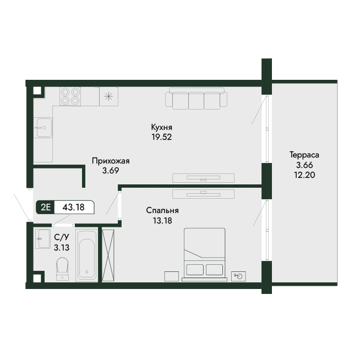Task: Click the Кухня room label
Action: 162,127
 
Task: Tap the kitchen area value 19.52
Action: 162,137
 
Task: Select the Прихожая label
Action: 111,161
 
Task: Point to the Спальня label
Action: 162,210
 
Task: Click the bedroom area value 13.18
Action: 162,221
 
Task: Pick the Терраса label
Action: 304,155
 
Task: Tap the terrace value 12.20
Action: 304,175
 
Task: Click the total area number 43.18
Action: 73,208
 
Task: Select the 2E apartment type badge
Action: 46,208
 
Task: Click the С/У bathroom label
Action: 62,237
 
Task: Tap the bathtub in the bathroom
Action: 87,256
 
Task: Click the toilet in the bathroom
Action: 62,269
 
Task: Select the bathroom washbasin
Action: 43,239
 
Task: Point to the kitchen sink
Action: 43,128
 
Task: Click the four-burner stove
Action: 70,96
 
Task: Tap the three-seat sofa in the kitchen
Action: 197,99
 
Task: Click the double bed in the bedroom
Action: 204,254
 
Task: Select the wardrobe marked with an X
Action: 108,255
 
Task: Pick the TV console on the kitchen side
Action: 204,178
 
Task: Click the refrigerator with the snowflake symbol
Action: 108,96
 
